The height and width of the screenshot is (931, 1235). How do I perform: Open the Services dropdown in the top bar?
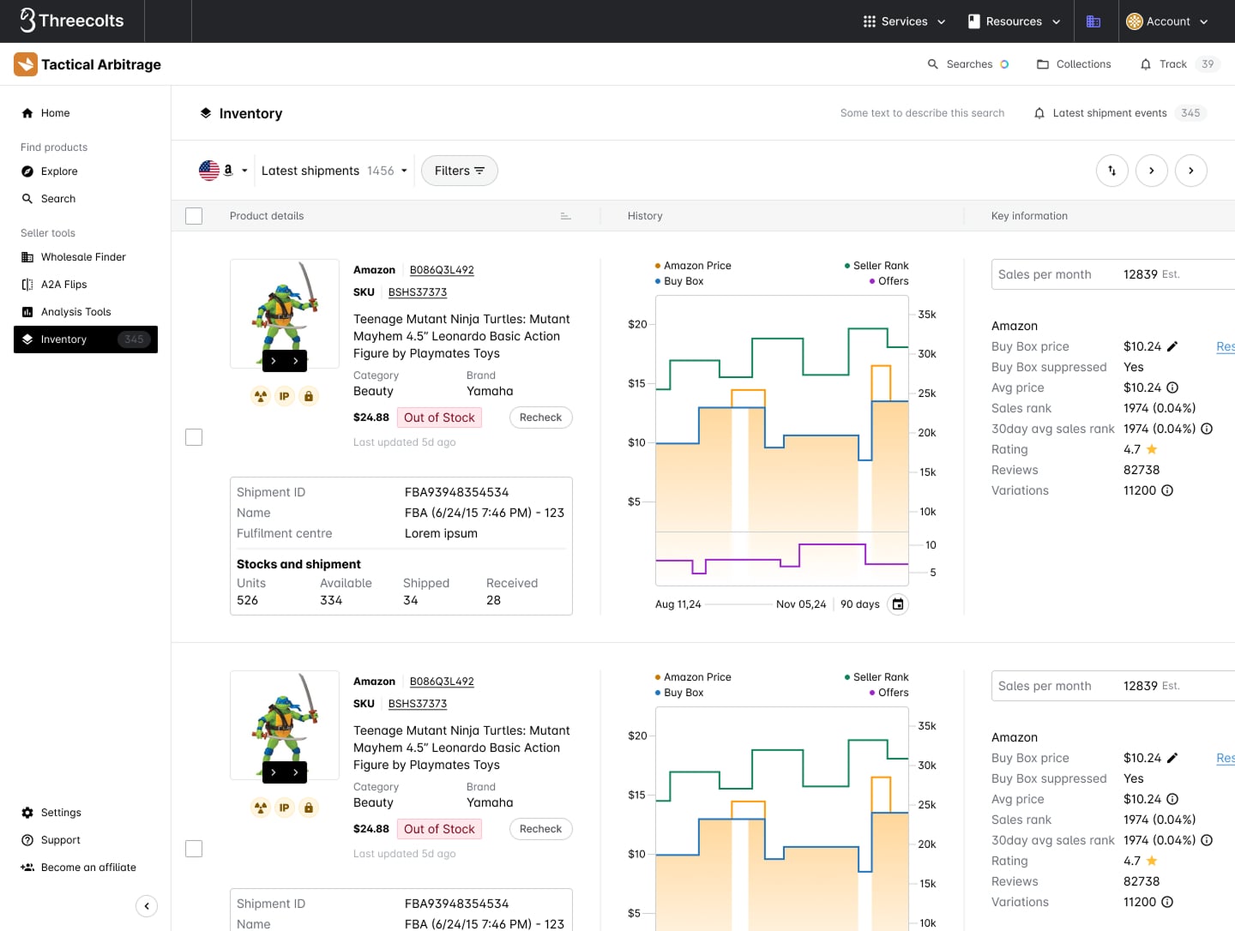coord(904,21)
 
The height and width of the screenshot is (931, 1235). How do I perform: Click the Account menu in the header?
coord(1166,21)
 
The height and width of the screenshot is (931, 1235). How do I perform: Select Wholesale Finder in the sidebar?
coord(83,257)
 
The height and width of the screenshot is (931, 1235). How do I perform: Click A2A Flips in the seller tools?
coord(63,285)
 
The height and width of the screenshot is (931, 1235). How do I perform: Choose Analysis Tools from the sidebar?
coord(75,312)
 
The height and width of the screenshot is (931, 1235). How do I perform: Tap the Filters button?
coord(459,171)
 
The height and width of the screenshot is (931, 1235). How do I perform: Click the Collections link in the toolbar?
coord(1074,64)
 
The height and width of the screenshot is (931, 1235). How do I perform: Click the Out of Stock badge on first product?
coord(439,417)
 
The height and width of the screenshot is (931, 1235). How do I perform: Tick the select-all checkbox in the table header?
coord(194,216)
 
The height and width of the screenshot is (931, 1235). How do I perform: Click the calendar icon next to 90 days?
coord(897,604)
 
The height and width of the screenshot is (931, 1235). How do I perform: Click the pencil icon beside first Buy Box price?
coord(1172,346)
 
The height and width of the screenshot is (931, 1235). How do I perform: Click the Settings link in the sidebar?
coord(61,813)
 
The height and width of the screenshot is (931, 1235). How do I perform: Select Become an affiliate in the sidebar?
coord(87,868)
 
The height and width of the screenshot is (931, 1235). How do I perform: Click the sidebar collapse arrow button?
coord(147,906)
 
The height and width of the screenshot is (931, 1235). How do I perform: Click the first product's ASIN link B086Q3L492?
coord(442,270)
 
